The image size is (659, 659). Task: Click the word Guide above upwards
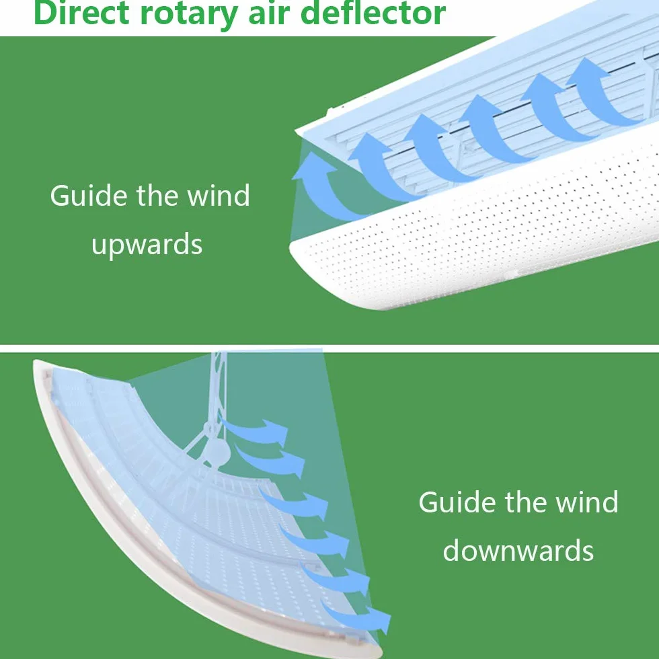tap(88, 196)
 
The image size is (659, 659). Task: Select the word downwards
tap(518, 550)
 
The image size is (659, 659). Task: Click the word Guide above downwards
tap(457, 502)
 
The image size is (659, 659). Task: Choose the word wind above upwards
tap(219, 196)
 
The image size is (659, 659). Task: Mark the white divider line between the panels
tap(329, 348)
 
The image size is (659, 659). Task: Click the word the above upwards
tap(157, 196)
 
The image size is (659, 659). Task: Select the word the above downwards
tap(525, 502)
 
